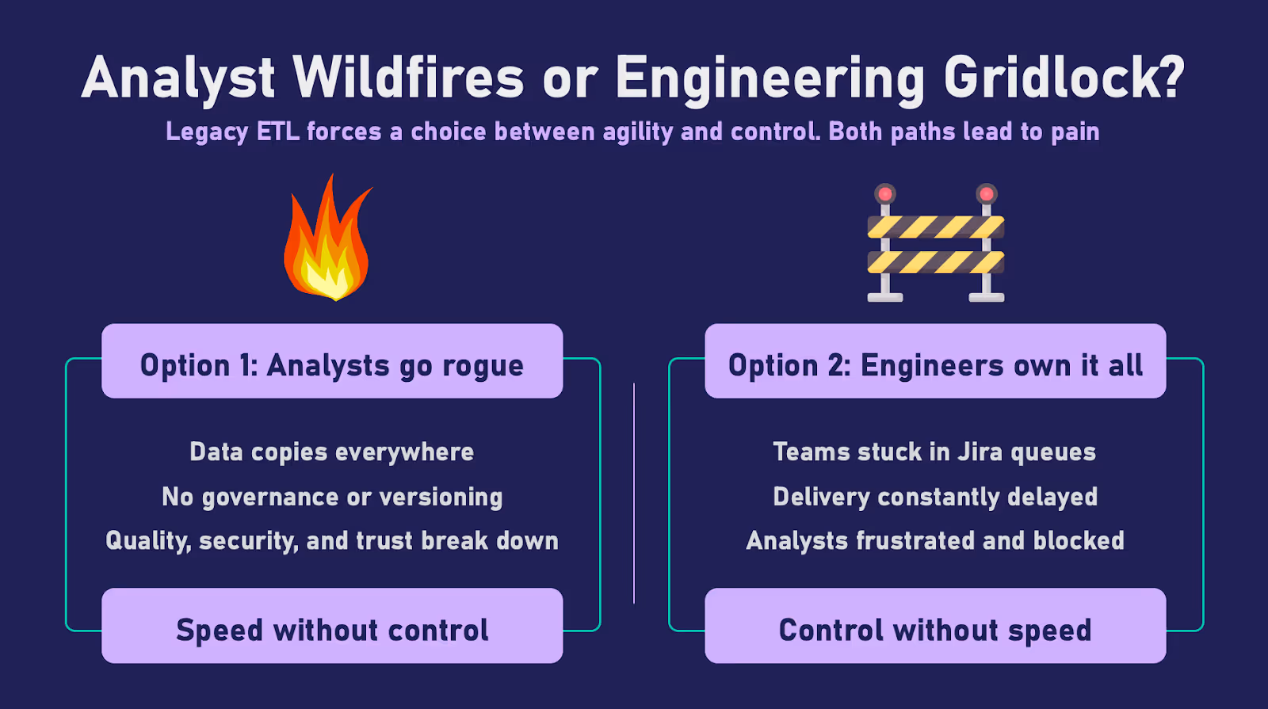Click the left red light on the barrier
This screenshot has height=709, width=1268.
tap(885, 194)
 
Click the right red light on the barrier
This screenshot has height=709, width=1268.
tap(987, 194)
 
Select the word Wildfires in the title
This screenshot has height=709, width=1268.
tap(408, 78)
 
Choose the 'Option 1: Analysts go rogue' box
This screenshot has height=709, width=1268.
tap(332, 362)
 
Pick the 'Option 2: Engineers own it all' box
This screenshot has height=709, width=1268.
tap(935, 362)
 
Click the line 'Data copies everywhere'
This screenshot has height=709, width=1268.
tap(332, 452)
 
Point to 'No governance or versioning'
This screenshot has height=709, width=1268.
tap(332, 497)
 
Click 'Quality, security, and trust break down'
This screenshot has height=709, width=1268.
tap(332, 540)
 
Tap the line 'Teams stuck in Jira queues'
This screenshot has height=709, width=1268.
tap(934, 452)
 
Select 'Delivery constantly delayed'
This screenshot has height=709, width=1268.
tap(935, 497)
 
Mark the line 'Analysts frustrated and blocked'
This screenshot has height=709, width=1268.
tap(935, 540)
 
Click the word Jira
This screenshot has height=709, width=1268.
tap(980, 452)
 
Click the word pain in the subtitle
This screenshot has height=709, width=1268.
tap(1075, 132)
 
